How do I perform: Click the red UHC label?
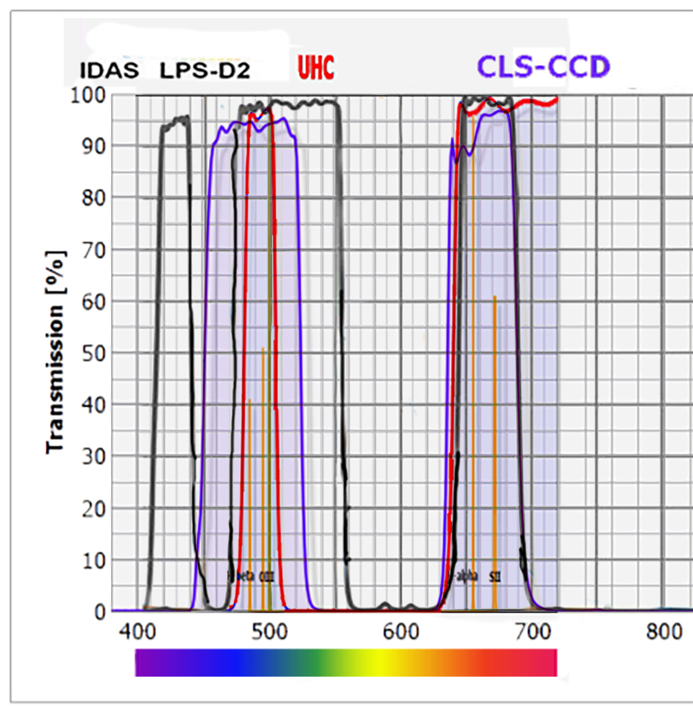tap(315, 68)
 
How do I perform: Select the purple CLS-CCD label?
tap(543, 66)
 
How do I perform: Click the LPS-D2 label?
tap(205, 71)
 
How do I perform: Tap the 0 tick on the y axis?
tap(101, 611)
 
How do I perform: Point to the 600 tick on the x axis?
tap(400, 632)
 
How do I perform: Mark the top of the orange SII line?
tap(494, 297)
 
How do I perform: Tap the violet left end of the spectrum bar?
tap(143, 663)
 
